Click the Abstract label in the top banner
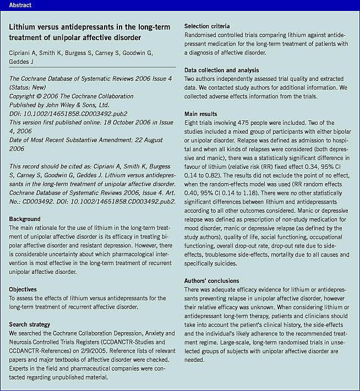(x=20, y=5)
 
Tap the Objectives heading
(x=23, y=289)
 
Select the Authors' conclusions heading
(x=212, y=280)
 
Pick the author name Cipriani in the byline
(x=21, y=53)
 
